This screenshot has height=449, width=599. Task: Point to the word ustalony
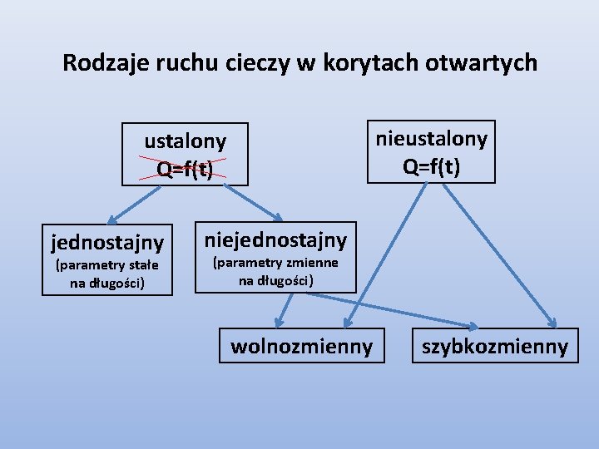(185, 141)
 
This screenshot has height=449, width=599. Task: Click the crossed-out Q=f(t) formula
(185, 169)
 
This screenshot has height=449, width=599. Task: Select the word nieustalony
(431, 137)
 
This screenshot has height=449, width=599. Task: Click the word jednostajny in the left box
(107, 243)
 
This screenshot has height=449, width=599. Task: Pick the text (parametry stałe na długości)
(106, 274)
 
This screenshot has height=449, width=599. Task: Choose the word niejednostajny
(275, 240)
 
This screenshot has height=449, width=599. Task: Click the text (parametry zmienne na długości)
(275, 271)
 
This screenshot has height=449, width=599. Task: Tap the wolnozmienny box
(301, 346)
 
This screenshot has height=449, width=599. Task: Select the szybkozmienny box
(495, 346)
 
